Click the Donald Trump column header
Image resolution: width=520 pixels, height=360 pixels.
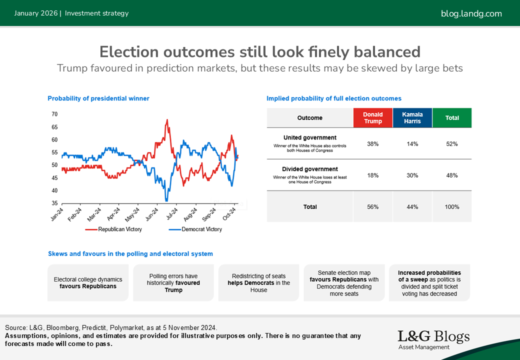click(373, 118)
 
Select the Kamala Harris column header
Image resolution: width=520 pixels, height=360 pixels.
click(412, 118)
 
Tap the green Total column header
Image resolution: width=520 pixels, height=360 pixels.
click(452, 118)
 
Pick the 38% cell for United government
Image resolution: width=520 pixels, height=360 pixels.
click(373, 144)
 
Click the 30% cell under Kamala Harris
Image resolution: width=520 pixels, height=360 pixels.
click(412, 175)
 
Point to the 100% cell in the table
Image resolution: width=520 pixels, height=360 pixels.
click(452, 206)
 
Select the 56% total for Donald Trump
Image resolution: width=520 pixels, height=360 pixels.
click(373, 206)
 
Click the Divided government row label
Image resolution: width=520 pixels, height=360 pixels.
click(310, 169)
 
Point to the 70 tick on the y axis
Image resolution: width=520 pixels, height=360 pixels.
click(54, 114)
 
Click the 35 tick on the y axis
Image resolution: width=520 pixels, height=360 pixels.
click(54, 203)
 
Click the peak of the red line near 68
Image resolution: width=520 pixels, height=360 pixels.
click(166, 119)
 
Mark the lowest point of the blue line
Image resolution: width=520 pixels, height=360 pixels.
click(166, 200)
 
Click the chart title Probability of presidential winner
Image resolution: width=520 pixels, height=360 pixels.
click(98, 98)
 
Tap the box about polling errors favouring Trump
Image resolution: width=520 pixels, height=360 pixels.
click(173, 283)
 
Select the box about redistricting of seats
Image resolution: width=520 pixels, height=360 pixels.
click(259, 283)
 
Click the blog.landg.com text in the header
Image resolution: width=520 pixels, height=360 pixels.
click(471, 13)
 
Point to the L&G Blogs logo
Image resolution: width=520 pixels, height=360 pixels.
click(433, 339)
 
